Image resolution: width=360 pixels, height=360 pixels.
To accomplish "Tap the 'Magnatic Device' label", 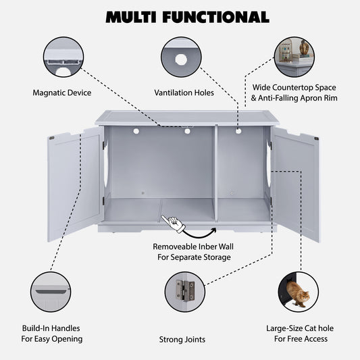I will point(62,92).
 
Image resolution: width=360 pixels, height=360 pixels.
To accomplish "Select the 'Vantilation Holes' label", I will point(184,92).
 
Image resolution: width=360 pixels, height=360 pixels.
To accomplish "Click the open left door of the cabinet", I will point(74,184).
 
